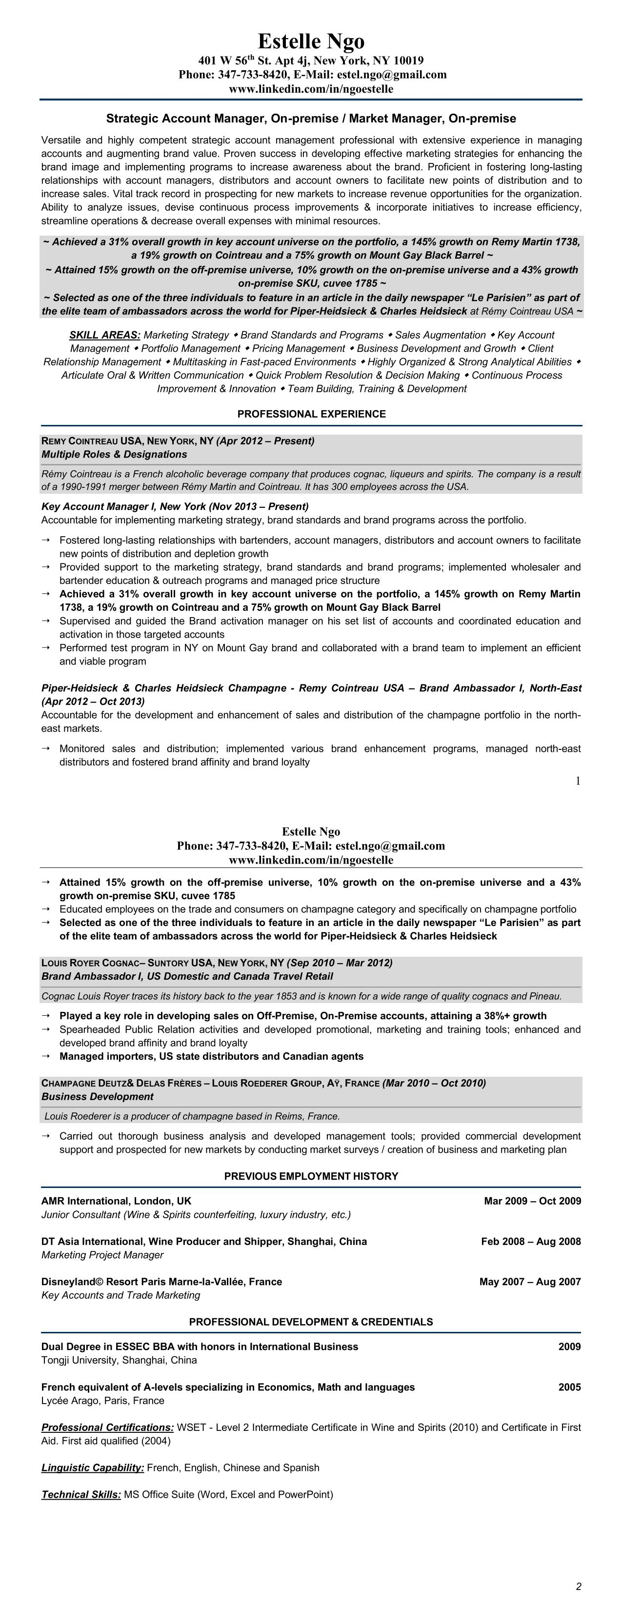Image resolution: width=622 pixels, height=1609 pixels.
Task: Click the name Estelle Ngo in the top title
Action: click(311, 41)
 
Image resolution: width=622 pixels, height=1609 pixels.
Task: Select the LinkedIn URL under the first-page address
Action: click(311, 89)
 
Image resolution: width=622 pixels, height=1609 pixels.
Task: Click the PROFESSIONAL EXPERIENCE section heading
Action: click(311, 414)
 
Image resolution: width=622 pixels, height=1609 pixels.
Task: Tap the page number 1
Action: click(578, 780)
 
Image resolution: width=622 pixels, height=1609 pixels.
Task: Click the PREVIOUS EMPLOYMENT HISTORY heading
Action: click(311, 1176)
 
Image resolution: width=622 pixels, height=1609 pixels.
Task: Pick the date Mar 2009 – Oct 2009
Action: click(532, 1201)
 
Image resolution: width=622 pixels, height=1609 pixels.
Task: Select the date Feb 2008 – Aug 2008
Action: click(531, 1241)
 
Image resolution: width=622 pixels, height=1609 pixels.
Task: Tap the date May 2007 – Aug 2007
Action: click(530, 1282)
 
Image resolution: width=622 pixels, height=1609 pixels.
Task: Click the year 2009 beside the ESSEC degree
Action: click(569, 1347)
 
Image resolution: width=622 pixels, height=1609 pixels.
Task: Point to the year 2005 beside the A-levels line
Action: click(569, 1388)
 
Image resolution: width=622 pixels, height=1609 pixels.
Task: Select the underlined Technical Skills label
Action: click(81, 1495)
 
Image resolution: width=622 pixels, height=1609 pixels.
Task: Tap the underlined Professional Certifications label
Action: click(107, 1427)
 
